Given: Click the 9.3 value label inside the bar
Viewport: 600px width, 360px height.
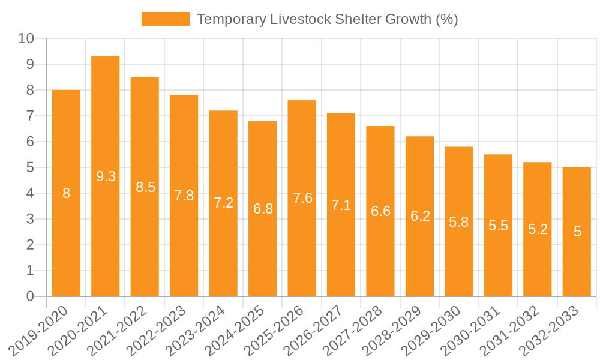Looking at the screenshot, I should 106,176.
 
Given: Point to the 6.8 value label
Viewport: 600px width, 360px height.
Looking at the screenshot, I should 263,209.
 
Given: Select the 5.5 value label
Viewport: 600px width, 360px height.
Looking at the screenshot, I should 498,226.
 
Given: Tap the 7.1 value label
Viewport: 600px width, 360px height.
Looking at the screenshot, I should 341,205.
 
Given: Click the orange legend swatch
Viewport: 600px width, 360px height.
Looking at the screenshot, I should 165,19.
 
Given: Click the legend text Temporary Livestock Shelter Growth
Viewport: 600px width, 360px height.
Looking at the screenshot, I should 327,19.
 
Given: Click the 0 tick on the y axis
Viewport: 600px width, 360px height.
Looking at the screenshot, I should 30,296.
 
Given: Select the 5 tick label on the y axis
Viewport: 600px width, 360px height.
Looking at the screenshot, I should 30,168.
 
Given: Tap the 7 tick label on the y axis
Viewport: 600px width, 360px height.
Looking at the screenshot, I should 30,116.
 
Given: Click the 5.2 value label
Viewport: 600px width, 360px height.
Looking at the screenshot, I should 538,229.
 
